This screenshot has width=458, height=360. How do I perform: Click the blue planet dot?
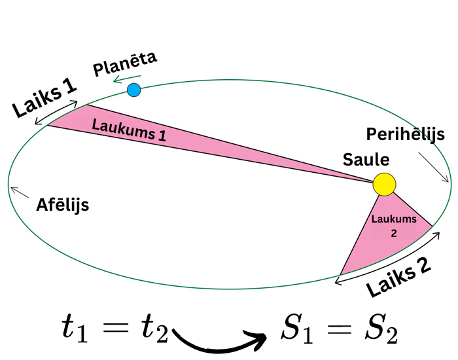point(134,90)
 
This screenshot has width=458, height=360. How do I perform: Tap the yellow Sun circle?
point(384,184)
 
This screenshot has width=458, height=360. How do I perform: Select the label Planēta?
point(124,64)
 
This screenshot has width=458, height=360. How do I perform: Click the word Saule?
point(366,160)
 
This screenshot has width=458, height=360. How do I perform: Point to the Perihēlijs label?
point(405,135)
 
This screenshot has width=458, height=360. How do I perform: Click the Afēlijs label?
point(62,205)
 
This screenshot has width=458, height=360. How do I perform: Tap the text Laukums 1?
point(129,130)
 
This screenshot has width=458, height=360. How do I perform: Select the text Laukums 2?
point(393,225)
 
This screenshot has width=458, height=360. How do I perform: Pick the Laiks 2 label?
point(398,278)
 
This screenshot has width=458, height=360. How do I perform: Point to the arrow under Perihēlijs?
point(434,167)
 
